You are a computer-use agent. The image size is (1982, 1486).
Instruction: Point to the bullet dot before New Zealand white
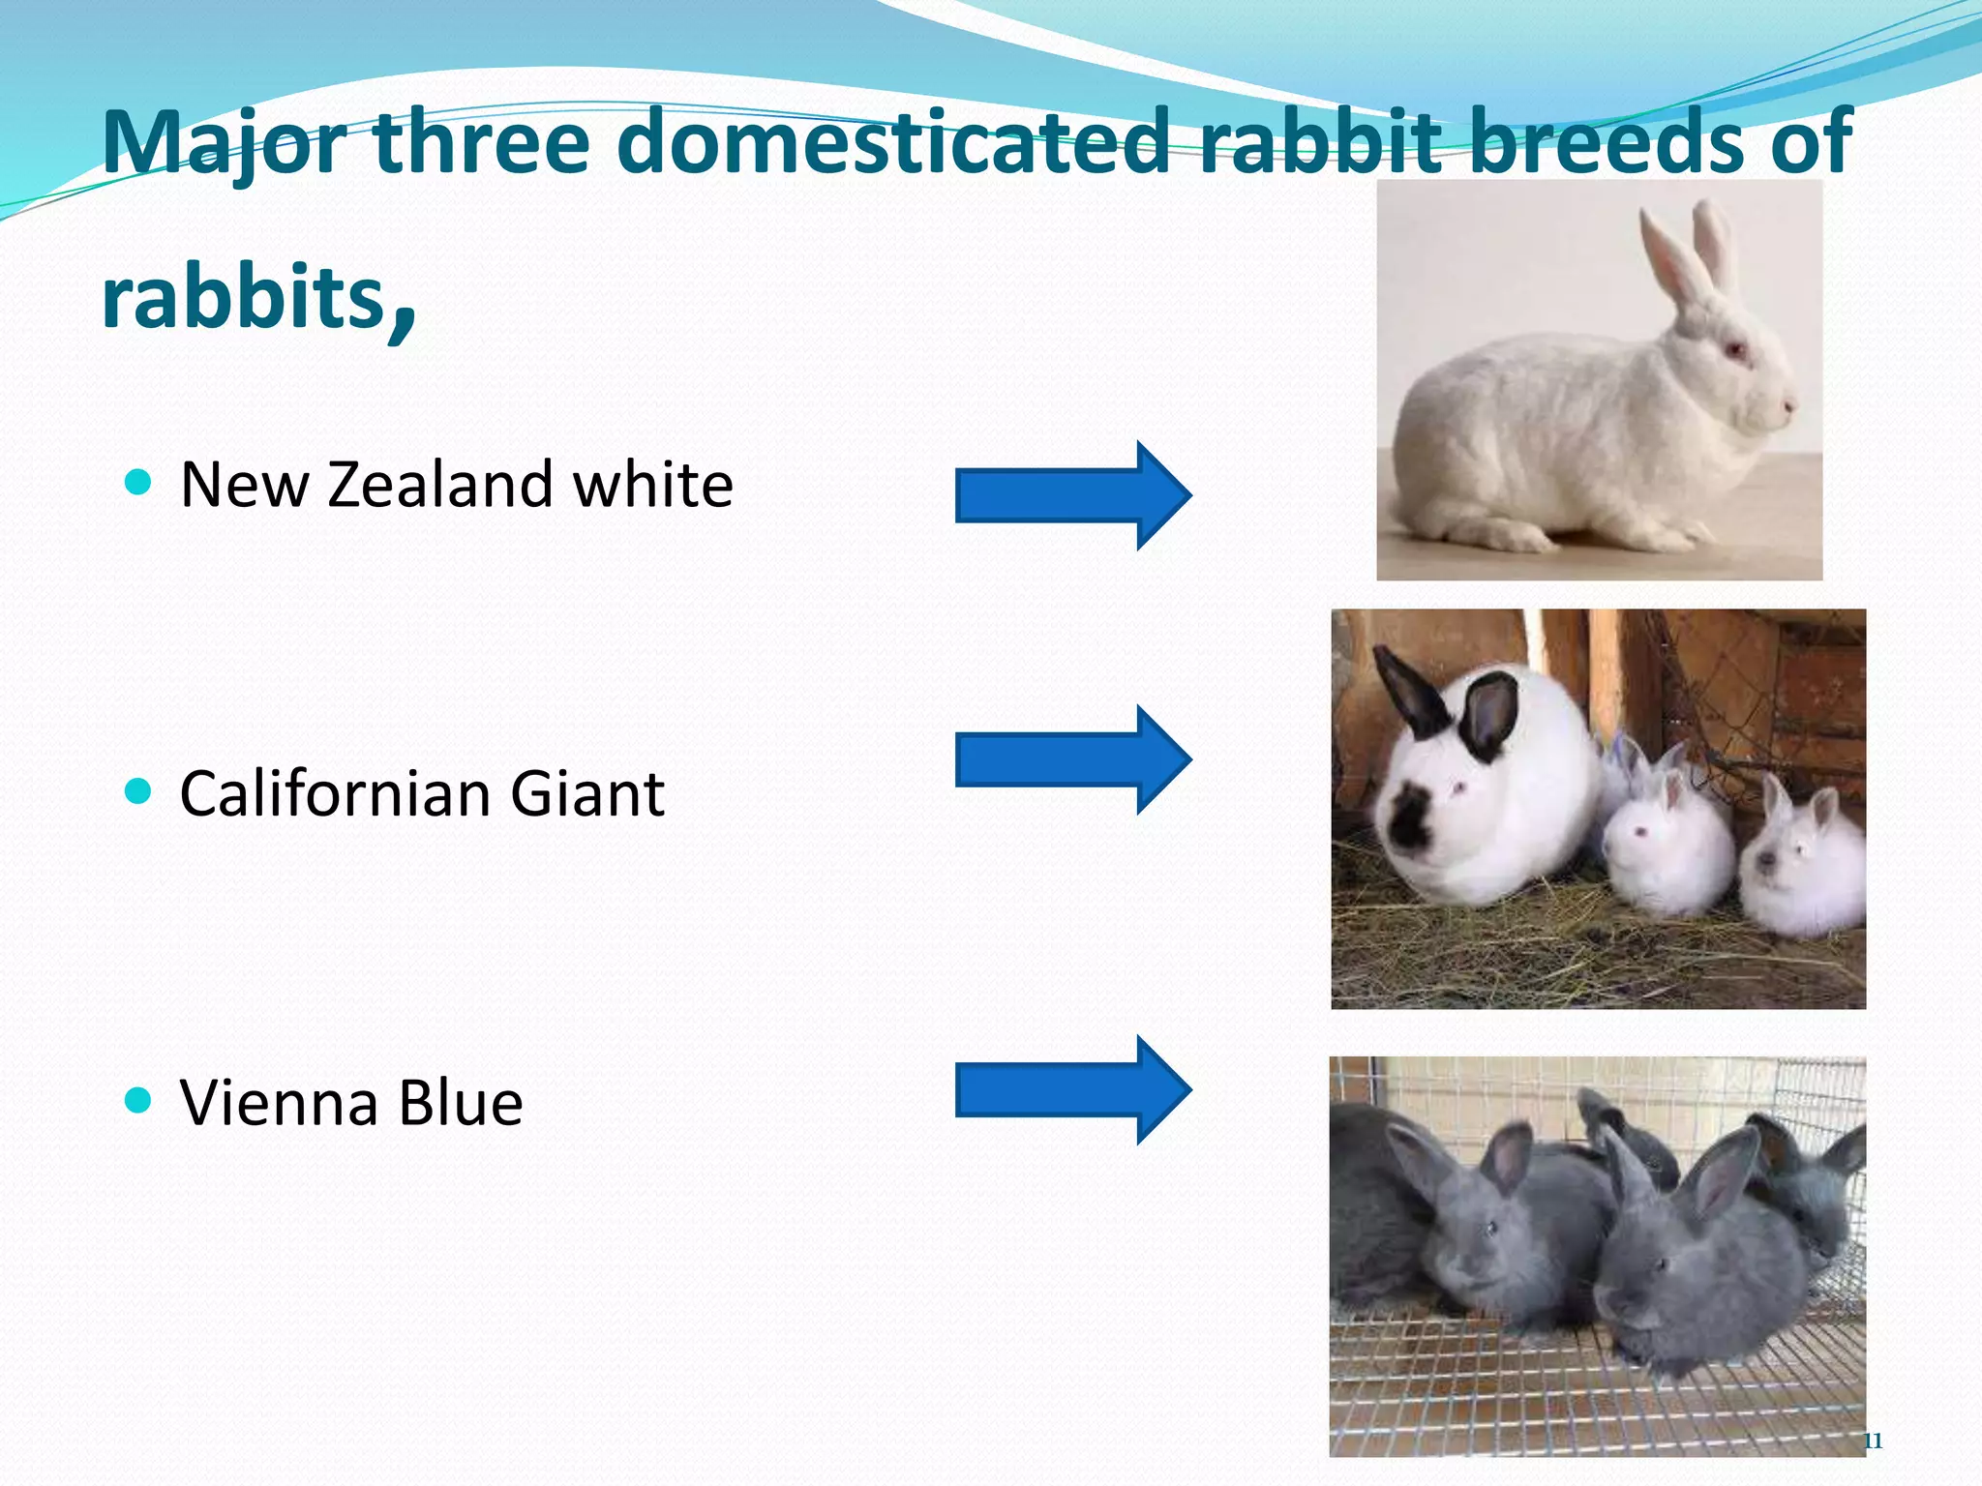(139, 482)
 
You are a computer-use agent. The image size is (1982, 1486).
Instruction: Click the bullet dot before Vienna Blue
(139, 1100)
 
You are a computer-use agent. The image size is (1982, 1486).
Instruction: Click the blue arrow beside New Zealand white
(1072, 495)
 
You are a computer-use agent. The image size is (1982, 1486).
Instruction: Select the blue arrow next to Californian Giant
(1072, 759)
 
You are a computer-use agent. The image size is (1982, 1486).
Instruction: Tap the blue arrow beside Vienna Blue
(1072, 1090)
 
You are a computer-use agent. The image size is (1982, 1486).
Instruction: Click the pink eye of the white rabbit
(1735, 348)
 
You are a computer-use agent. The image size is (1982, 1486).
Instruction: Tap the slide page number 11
(1873, 1441)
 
